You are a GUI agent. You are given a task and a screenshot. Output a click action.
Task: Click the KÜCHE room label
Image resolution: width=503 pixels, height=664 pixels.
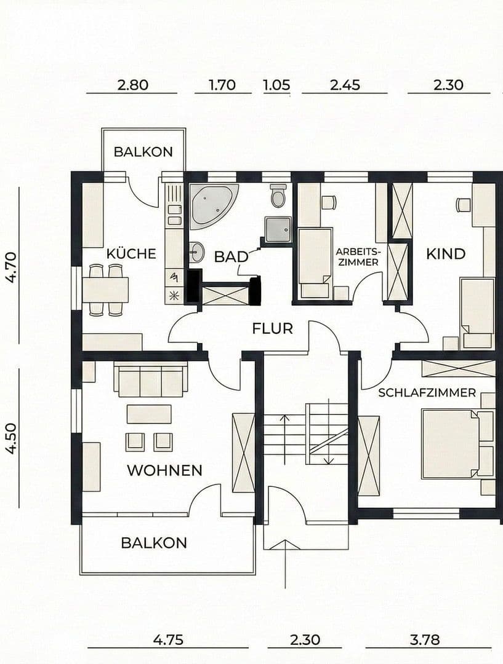(131, 253)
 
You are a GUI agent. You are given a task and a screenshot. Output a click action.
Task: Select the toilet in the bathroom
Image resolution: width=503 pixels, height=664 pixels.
(278, 196)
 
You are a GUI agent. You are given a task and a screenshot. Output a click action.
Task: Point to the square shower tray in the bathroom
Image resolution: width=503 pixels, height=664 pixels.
(278, 228)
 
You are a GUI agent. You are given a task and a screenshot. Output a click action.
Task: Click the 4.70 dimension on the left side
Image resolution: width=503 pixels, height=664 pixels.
(10, 266)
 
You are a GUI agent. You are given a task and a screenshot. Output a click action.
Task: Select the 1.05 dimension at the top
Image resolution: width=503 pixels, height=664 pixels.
(276, 85)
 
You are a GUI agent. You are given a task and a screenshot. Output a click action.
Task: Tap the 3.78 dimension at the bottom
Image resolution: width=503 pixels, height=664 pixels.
(425, 639)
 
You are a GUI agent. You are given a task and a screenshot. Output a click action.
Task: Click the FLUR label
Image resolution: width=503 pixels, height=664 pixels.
(272, 328)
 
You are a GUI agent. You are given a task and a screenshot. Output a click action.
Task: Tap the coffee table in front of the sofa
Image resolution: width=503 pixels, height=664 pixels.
(149, 414)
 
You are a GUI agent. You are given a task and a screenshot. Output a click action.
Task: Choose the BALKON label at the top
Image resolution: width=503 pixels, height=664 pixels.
(143, 152)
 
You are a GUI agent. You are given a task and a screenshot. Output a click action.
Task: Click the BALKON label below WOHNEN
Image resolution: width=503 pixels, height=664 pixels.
(154, 543)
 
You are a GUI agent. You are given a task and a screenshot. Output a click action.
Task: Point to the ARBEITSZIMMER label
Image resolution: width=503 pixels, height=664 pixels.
(358, 256)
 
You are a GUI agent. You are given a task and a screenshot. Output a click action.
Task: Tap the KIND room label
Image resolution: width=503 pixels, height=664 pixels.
(446, 253)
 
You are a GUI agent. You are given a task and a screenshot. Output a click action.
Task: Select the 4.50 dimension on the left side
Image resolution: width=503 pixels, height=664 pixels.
(10, 437)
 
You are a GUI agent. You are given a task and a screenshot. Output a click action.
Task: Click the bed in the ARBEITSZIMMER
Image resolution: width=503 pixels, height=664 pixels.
(315, 262)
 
